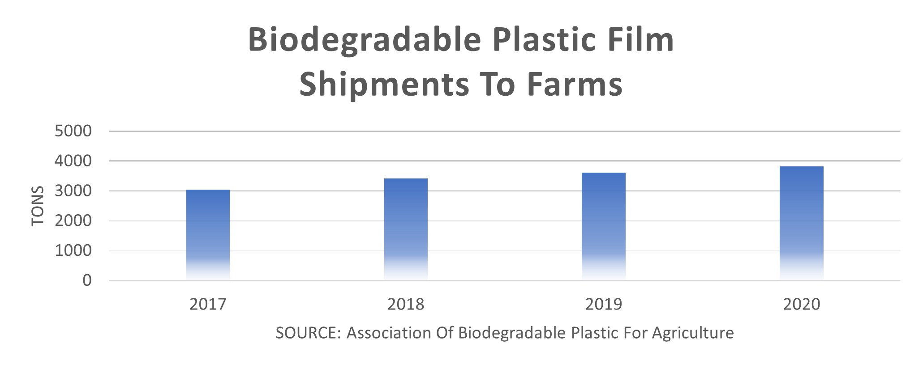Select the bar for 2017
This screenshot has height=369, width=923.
[x=208, y=235]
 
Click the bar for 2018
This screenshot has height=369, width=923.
[x=406, y=229]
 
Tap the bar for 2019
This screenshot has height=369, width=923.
[x=603, y=226]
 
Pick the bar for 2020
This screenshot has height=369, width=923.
[x=801, y=223]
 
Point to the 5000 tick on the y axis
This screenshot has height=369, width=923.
[x=73, y=131]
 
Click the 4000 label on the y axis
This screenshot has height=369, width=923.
[x=73, y=161]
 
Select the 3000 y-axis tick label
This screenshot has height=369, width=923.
[x=73, y=191]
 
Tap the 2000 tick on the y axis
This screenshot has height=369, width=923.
[x=73, y=221]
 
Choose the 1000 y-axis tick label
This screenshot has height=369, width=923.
[x=73, y=250]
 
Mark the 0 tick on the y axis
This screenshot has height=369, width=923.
[x=87, y=280]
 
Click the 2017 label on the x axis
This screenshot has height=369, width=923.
[x=208, y=305]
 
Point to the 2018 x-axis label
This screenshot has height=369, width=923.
[x=406, y=305]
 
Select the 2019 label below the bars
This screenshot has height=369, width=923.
[x=603, y=305]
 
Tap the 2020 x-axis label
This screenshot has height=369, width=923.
[x=801, y=305]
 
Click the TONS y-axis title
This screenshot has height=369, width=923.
[x=38, y=206]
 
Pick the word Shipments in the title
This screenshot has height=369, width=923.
[x=384, y=85]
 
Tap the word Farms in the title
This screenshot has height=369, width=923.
[x=575, y=85]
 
